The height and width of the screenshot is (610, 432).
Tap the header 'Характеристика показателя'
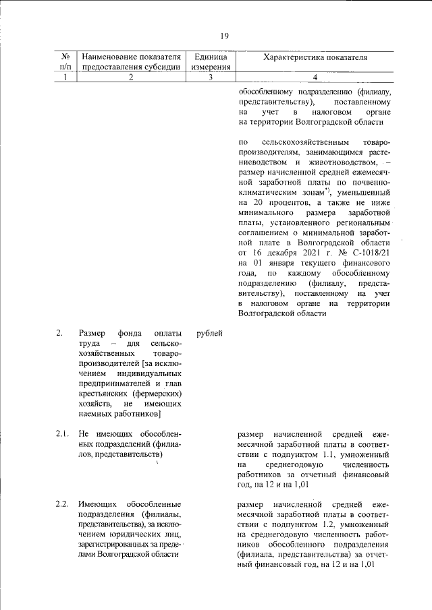(x=315, y=58)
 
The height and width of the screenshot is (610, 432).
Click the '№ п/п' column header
(x=65, y=62)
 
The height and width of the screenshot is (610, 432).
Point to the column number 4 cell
(x=315, y=77)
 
